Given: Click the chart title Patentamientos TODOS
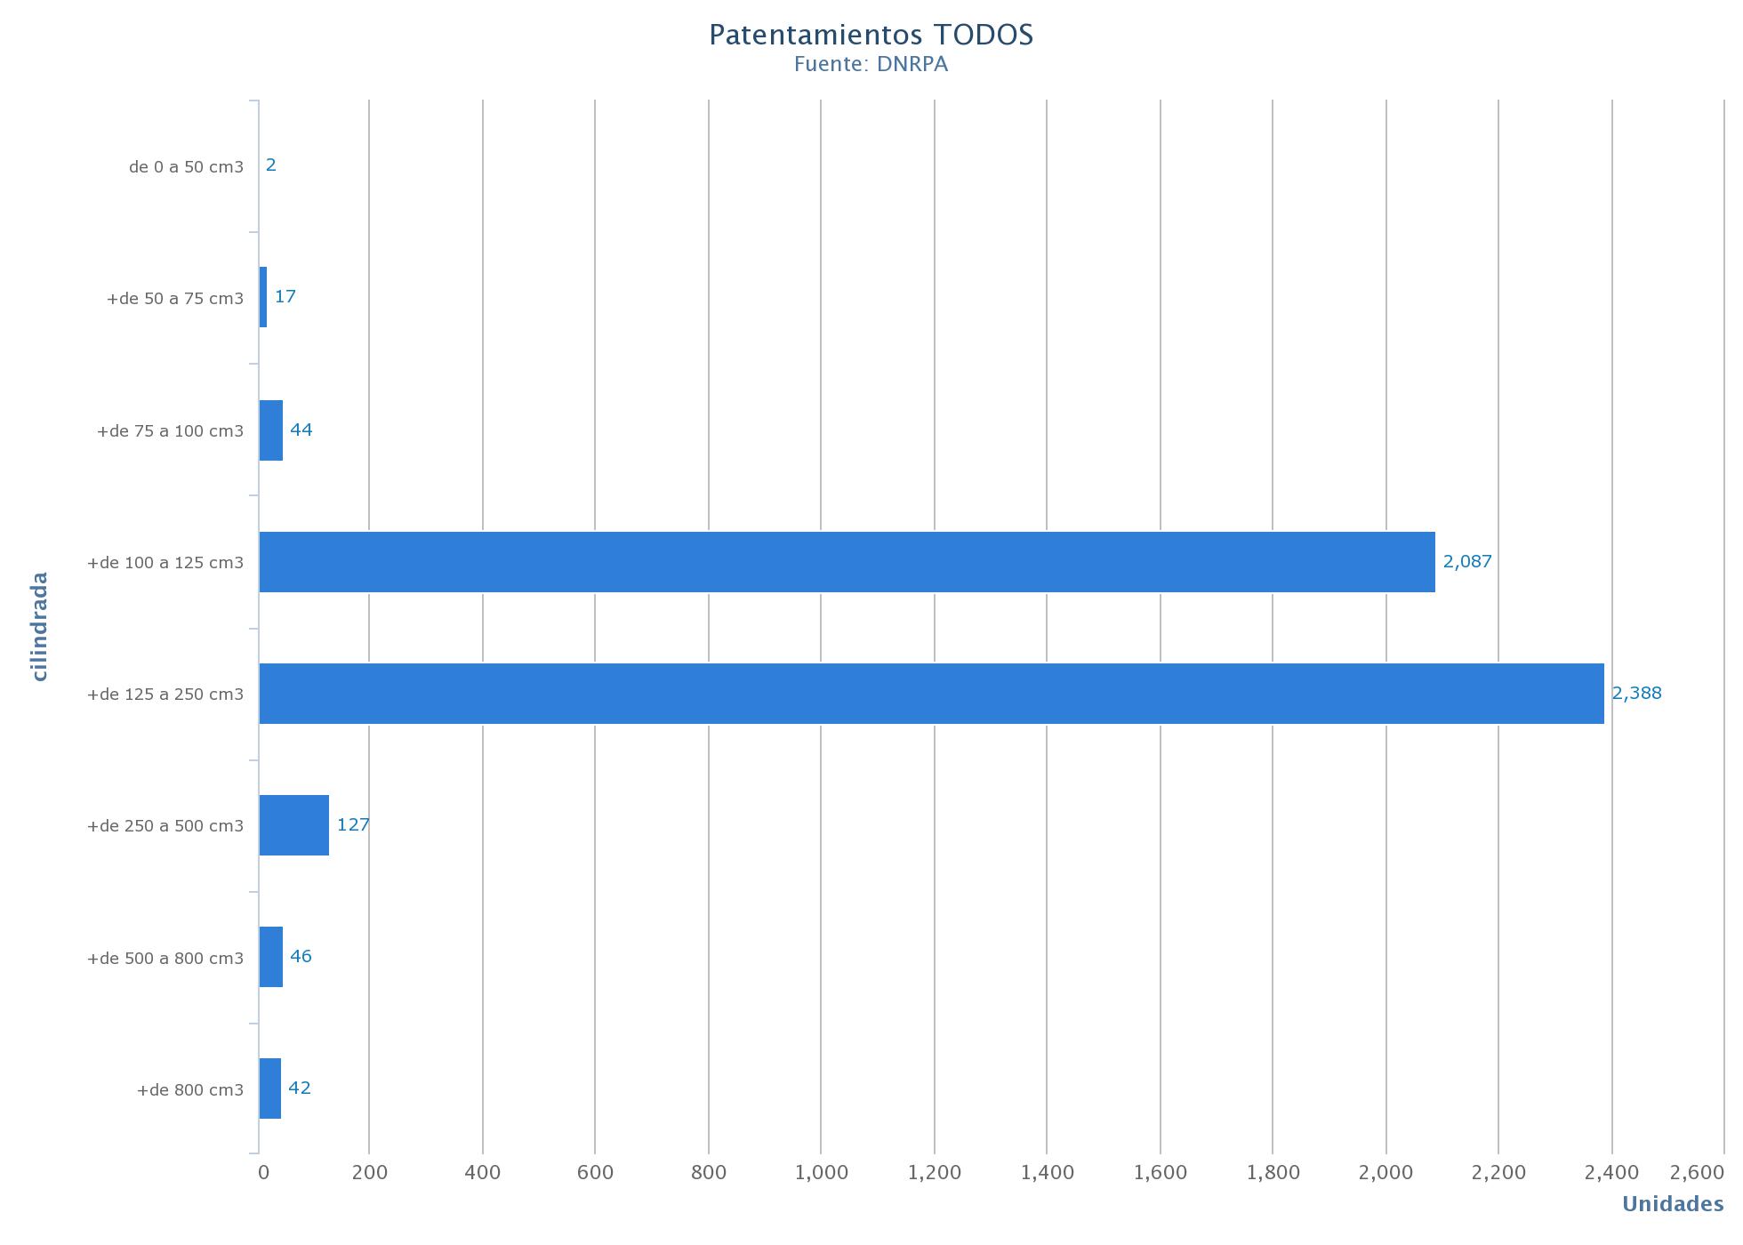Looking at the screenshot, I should point(871,35).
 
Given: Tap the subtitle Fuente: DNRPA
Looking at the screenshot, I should point(871,64).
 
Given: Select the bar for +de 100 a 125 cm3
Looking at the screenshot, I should point(847,562).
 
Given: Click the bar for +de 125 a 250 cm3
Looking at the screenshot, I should point(931,694).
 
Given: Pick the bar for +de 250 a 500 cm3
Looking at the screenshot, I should point(294,825).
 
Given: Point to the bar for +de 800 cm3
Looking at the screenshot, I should point(270,1088).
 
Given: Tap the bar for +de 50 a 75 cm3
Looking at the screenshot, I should point(263,297).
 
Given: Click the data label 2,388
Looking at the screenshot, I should point(1636,693).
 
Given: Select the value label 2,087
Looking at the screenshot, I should point(1467,561).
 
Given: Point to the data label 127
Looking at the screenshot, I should point(353,824).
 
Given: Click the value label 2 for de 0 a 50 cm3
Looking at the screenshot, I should point(271,165).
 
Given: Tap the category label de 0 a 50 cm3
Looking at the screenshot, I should point(186,167).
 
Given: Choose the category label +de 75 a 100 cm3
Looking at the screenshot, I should point(170,431).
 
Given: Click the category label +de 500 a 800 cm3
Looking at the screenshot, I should point(165,959).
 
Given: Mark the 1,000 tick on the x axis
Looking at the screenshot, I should point(822,1173).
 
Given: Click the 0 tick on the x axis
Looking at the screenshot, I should point(263,1173).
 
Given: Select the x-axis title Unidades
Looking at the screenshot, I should point(1673,1204).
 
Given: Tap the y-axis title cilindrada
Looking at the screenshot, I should point(39,626).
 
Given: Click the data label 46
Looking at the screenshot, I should point(301,956).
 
